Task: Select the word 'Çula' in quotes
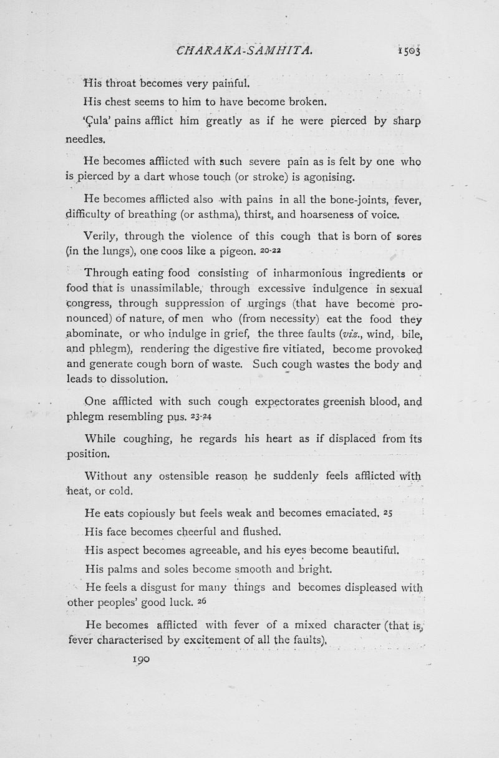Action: coord(97,121)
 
